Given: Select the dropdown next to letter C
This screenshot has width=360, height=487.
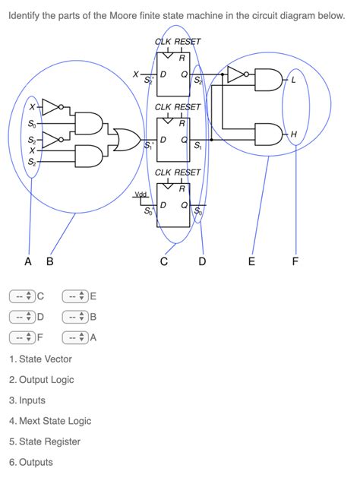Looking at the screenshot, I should [x=22, y=296].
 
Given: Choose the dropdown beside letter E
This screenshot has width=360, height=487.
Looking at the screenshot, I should [x=74, y=296].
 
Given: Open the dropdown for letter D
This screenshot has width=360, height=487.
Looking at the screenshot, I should [x=22, y=317].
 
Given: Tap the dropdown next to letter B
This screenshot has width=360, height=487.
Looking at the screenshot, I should [x=74, y=317].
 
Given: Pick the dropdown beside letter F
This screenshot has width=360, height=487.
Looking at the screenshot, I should [x=22, y=337].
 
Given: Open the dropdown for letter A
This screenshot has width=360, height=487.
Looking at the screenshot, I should [x=74, y=337].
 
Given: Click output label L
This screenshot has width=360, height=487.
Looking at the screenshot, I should [x=294, y=81].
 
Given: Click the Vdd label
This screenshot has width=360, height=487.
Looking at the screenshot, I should [x=141, y=195].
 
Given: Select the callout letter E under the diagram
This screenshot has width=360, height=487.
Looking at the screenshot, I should [x=252, y=263].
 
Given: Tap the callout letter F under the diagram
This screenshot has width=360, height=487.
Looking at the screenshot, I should [x=295, y=263].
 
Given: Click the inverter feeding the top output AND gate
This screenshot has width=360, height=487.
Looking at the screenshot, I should [x=236, y=74].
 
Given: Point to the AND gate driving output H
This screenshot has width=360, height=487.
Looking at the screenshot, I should [x=268, y=134].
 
